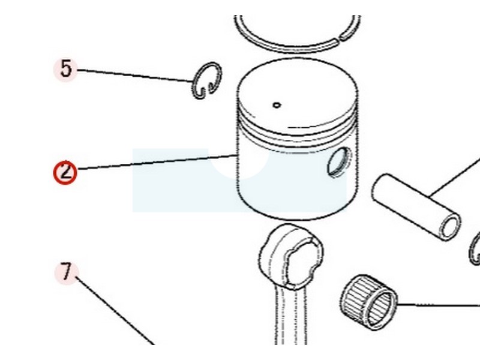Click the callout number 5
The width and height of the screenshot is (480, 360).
coord(65,68)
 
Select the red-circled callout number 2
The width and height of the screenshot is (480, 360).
coord(65,172)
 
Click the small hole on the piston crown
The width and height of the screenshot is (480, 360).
coord(277,106)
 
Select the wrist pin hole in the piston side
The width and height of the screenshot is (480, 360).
coord(339,161)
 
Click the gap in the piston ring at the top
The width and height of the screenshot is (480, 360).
coord(339,38)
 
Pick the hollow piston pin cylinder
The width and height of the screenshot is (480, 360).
coord(416,206)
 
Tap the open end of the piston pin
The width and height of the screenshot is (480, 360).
coord(450,226)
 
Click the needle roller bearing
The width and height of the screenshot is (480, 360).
coord(368,302)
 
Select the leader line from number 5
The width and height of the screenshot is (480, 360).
coord(134,76)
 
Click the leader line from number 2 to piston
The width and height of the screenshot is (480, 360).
coord(157,162)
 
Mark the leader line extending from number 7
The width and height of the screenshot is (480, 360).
coord(115,310)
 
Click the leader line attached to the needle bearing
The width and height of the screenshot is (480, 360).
coord(439,305)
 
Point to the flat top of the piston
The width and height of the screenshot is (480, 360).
coord(297,92)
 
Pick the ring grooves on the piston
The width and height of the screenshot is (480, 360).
coord(297,131)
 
